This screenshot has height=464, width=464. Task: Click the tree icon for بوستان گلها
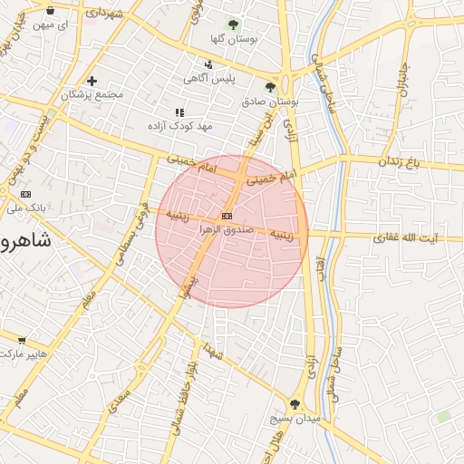[x=234, y=24]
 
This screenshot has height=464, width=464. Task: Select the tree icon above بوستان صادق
[x=270, y=87]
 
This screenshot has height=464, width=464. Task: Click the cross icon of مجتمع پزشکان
[x=92, y=81]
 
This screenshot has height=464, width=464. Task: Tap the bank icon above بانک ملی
[x=24, y=194]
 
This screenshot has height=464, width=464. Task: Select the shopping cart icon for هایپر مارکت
[x=22, y=340]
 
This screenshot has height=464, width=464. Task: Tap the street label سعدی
[x=119, y=399]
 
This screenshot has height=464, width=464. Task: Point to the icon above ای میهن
[x=50, y=11]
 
